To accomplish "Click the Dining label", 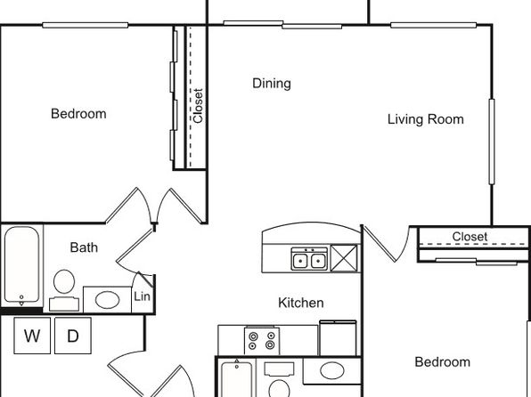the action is [272, 84].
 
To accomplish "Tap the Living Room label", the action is [426, 119].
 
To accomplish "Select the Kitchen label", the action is [301, 303].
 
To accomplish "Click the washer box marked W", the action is [32, 336].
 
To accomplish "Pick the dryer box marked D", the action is [73, 336].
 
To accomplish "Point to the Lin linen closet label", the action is [142, 296].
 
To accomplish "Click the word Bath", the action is [84, 247].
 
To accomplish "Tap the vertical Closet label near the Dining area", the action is [198, 106].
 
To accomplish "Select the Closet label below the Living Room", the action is [470, 237].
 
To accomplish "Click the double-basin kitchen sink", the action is [309, 259].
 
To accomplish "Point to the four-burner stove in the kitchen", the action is [262, 340].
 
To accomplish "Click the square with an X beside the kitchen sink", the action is [344, 258].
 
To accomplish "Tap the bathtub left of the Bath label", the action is [21, 265].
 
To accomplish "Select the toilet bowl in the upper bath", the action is [64, 282].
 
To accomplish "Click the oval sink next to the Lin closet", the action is [107, 300].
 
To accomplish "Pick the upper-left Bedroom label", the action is [78, 114].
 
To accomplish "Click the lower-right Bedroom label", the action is [443, 362].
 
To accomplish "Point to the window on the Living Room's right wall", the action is [492, 142].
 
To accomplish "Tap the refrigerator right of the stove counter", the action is [338, 337].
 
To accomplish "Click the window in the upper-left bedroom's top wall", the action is [85, 25].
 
